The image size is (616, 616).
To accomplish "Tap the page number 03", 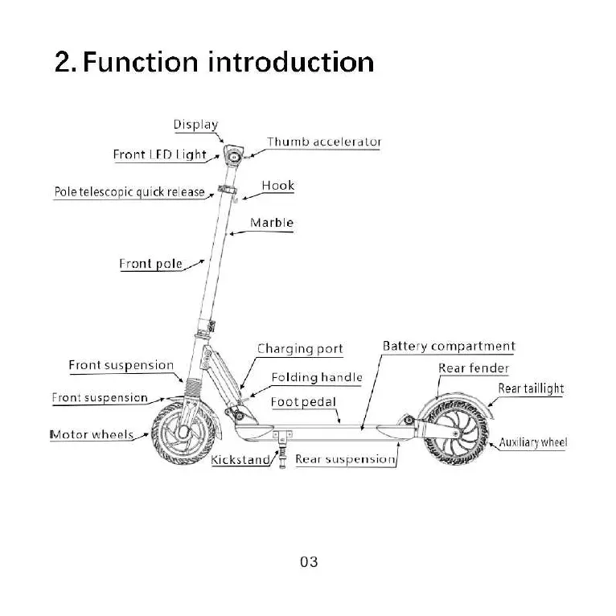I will [x=309, y=562].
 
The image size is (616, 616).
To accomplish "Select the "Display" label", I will [x=195, y=125].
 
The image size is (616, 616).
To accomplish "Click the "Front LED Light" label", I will [x=159, y=154].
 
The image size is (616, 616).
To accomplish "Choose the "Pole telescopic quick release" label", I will [x=129, y=192].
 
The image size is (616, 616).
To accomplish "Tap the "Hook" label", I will [x=278, y=186].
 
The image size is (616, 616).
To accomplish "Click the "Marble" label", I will [x=272, y=223].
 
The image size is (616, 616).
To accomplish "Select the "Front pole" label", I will [x=150, y=264].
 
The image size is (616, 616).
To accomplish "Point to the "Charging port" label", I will [x=300, y=349].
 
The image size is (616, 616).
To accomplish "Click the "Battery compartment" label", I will [x=449, y=347].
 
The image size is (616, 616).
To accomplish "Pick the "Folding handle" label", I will [x=316, y=377].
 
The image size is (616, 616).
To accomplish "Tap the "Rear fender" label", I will [x=474, y=368].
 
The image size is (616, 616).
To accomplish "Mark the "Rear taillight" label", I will [x=531, y=388].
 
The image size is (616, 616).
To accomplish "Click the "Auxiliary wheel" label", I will [x=532, y=442].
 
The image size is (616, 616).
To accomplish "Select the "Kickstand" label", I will [x=240, y=461].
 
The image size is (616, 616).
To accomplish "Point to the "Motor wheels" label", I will [x=92, y=435].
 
